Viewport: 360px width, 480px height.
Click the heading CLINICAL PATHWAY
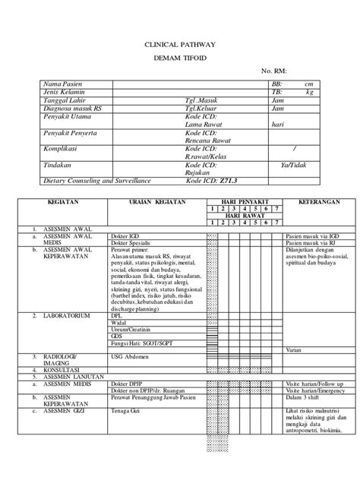tap(179, 46)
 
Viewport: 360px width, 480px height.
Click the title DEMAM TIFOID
tap(179, 58)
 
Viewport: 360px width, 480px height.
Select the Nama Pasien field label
tap(62, 84)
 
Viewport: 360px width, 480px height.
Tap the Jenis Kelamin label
tap(63, 92)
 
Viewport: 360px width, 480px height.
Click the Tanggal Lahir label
tap(63, 100)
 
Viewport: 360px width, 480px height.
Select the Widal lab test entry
tap(118, 323)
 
